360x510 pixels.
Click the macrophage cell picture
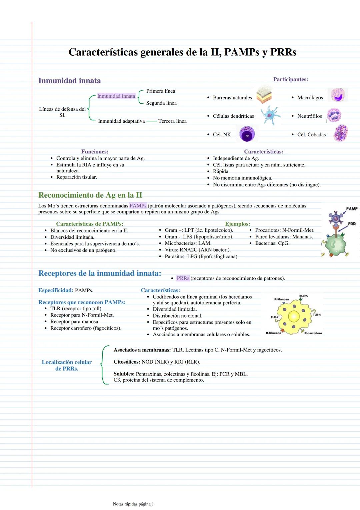click(337, 95)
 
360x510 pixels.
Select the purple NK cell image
click(247, 134)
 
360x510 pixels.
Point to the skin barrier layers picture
click(264, 94)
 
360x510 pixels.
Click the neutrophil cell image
click(334, 115)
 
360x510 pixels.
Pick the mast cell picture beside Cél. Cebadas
click(341, 133)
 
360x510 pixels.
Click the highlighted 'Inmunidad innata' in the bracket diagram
click(116, 96)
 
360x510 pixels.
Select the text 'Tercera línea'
click(172, 121)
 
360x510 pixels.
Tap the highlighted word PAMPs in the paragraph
click(138, 206)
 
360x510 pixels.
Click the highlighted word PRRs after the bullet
click(183, 278)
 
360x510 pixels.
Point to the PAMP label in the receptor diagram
click(352, 209)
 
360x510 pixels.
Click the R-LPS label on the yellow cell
click(303, 296)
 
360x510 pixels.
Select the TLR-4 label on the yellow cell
click(317, 315)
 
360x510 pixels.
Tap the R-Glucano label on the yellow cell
click(273, 333)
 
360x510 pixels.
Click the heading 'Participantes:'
click(290, 79)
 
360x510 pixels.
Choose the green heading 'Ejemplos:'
click(237, 224)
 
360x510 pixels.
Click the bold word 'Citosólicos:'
click(127, 362)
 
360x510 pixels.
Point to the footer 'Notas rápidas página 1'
click(133, 504)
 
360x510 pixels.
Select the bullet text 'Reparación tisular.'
click(76, 177)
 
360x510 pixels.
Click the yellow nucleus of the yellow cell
click(294, 316)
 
